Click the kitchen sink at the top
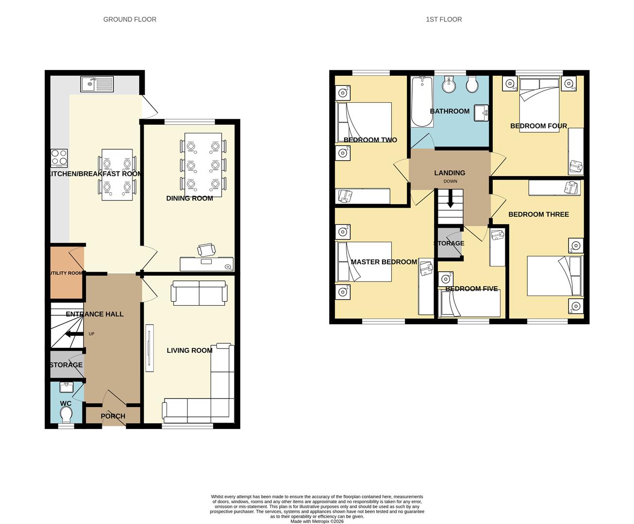(x=97, y=84)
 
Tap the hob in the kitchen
(x=59, y=158)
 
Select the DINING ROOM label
(x=189, y=198)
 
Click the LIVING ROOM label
(x=189, y=350)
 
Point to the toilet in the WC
(x=66, y=415)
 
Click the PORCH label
(x=113, y=416)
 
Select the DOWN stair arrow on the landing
(x=450, y=199)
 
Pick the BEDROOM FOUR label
(x=538, y=126)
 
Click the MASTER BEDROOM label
(x=384, y=262)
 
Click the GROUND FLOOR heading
(x=130, y=19)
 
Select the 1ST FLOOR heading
(x=444, y=19)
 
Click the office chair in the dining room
(x=206, y=249)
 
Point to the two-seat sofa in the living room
(x=199, y=294)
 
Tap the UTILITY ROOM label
(x=67, y=273)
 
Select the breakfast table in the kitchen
(x=117, y=175)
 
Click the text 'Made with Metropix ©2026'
(x=317, y=522)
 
